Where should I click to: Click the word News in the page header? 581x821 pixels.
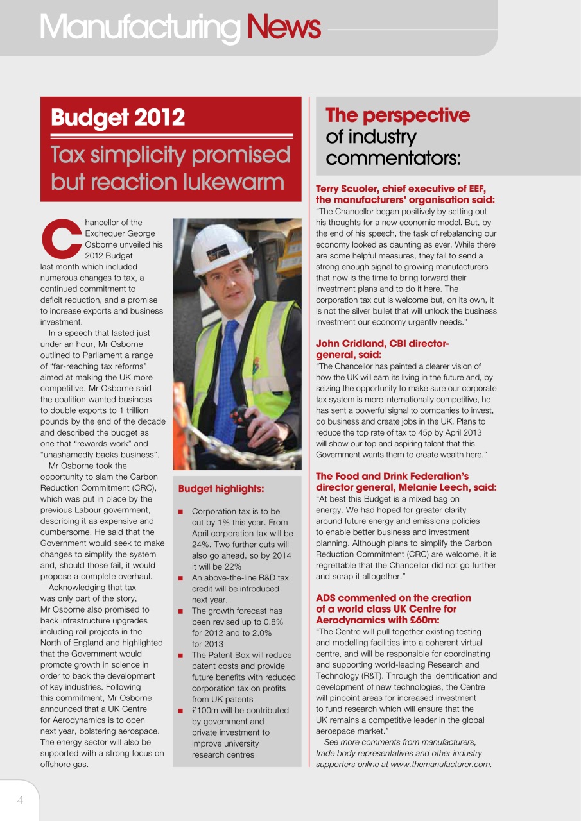click(283, 26)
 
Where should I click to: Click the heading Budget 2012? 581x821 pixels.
click(117, 117)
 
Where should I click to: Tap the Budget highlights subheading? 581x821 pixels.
click(221, 489)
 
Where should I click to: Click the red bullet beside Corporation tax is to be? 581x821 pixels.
click(181, 512)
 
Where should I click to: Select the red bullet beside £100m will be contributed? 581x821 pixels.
click(181, 711)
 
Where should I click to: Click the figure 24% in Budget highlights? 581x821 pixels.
click(202, 545)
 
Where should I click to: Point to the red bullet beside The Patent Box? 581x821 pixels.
click(181, 656)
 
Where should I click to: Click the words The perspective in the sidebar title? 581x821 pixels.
click(397, 115)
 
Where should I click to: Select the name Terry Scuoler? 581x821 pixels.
click(351, 189)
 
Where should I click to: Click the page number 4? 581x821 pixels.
click(20, 800)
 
